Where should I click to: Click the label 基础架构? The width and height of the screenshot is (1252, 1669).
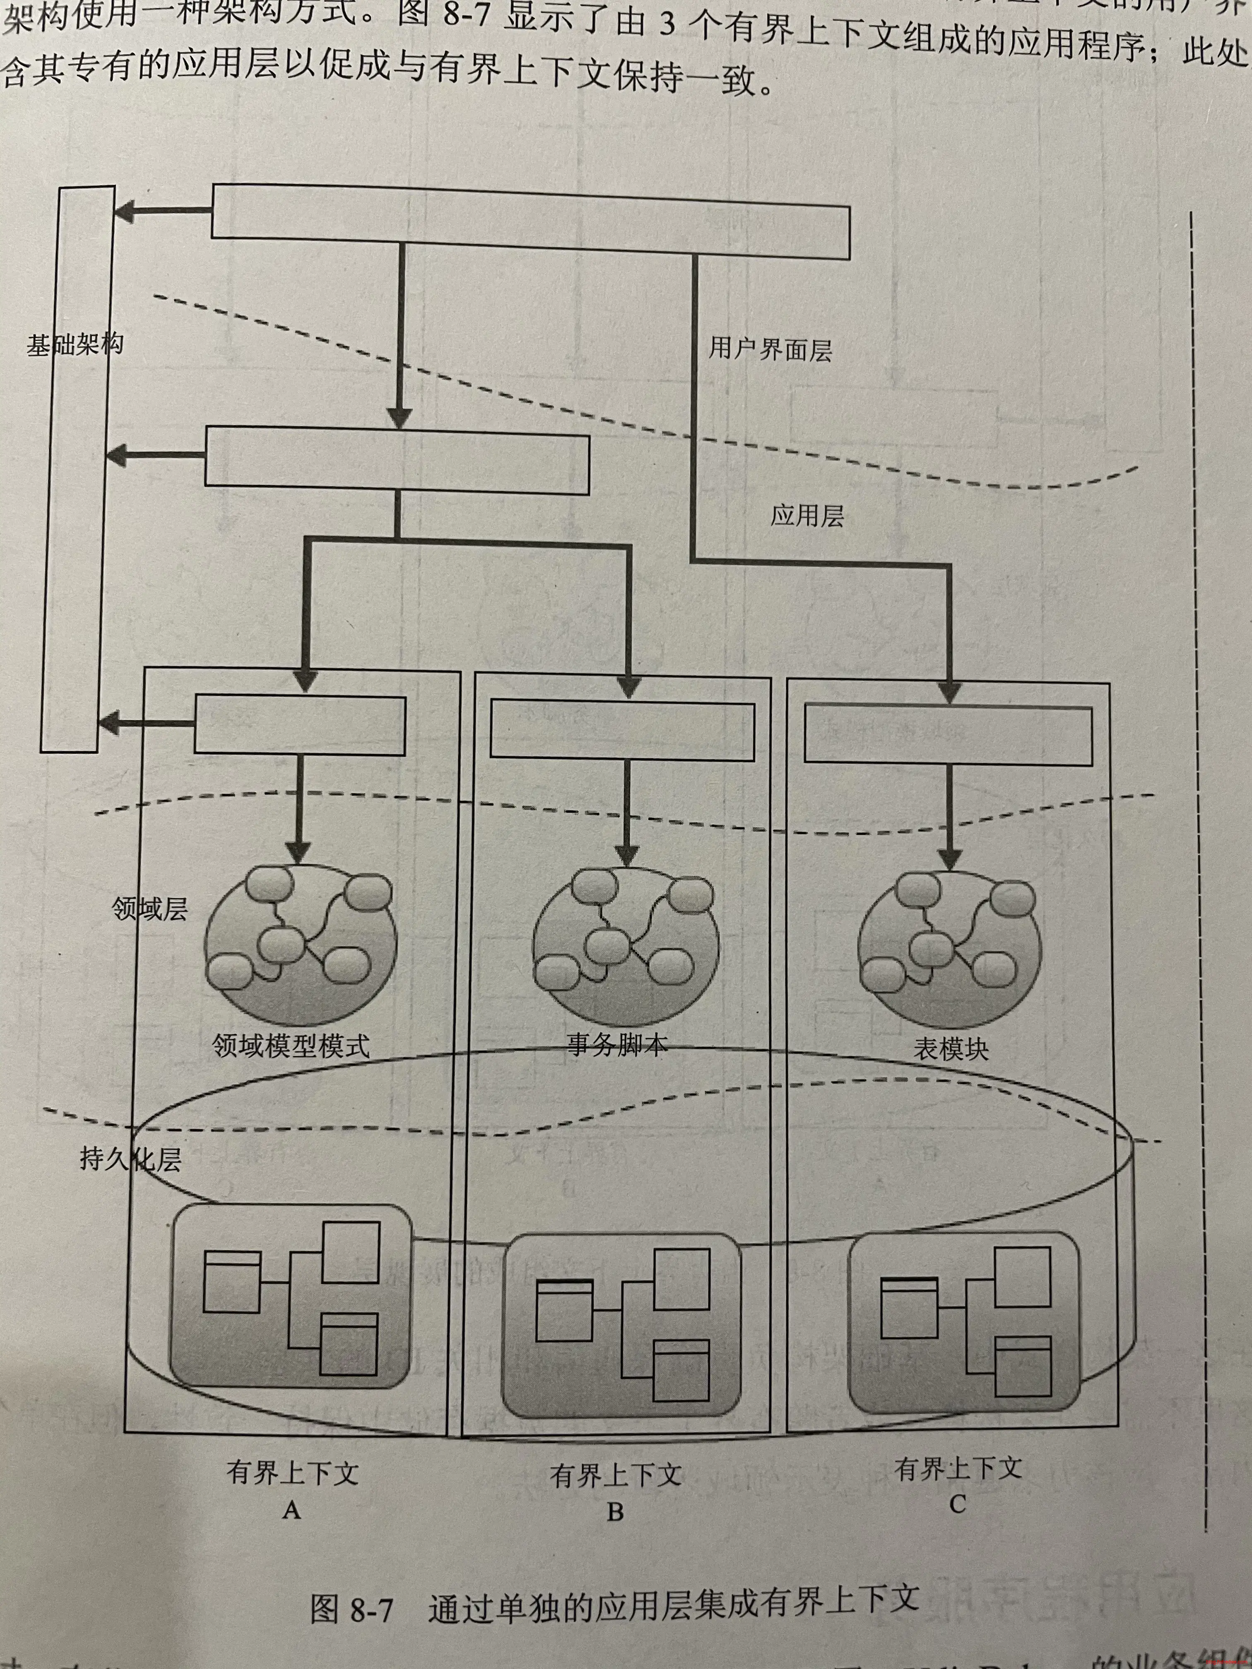point(74,346)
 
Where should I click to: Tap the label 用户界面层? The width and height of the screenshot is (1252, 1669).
point(770,349)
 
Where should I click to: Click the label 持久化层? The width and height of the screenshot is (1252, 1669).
point(130,1159)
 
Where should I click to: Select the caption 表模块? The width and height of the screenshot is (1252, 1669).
point(951,1049)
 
